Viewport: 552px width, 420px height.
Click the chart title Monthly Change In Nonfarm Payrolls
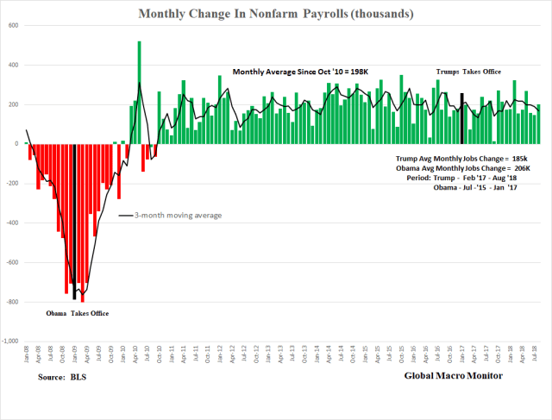275,14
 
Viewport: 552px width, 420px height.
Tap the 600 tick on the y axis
15,26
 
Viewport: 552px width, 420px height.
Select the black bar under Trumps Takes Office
462,119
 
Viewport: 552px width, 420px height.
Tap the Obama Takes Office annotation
78,313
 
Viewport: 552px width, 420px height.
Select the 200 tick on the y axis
15,104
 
